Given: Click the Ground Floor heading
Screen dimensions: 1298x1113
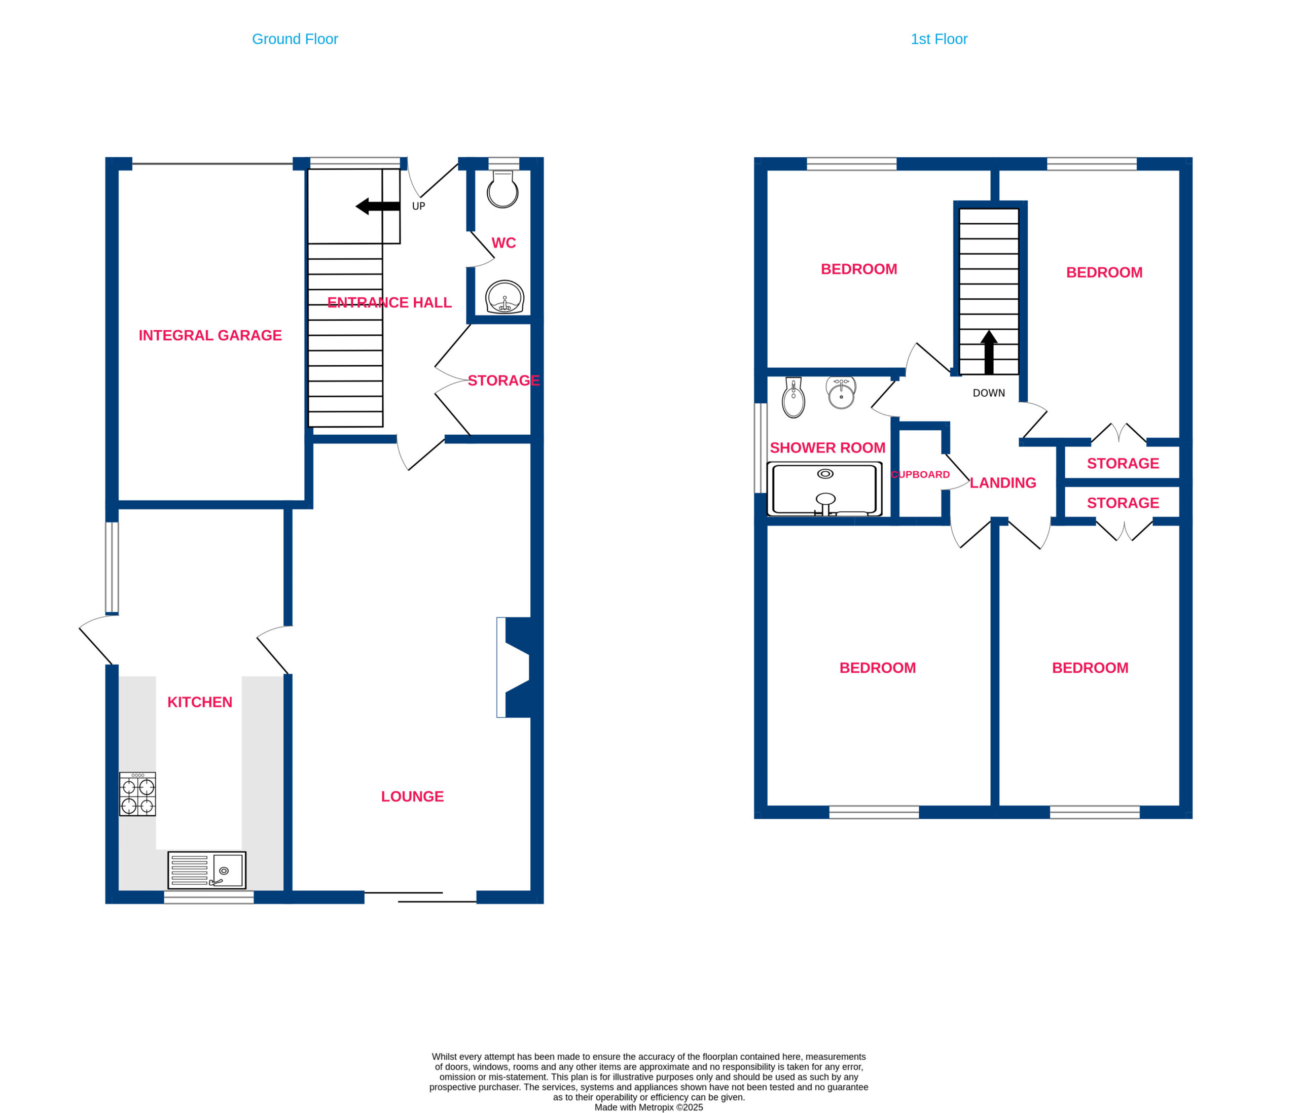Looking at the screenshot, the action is click(x=295, y=40).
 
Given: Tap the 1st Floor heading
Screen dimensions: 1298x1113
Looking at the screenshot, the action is click(x=939, y=40).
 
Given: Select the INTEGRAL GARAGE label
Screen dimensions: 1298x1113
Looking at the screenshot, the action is click(x=210, y=335).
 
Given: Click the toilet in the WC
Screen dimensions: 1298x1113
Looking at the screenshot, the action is click(x=502, y=190).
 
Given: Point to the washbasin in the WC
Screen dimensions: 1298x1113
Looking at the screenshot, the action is click(x=504, y=297).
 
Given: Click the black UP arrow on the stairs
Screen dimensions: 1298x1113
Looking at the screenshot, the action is click(x=378, y=206).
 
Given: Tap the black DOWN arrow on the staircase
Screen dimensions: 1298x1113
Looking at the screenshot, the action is click(x=989, y=352).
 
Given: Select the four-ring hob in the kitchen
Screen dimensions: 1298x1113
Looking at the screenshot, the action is click(x=137, y=794).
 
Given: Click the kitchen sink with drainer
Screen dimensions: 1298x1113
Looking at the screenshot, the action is click(x=207, y=870).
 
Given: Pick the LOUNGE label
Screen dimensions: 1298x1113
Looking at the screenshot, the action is click(x=412, y=796).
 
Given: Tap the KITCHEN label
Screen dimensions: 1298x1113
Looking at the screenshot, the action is click(x=200, y=702).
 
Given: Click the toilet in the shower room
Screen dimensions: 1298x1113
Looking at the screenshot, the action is click(x=793, y=397).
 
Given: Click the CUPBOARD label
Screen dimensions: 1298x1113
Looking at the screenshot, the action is click(x=920, y=474).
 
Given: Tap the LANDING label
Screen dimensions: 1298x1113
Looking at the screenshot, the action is click(x=1003, y=482).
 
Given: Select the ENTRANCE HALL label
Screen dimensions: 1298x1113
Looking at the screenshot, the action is click(x=389, y=303).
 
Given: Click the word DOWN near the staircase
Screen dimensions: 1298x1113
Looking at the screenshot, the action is click(x=989, y=393).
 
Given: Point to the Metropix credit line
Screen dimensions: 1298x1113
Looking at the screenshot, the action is click(x=648, y=1107).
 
